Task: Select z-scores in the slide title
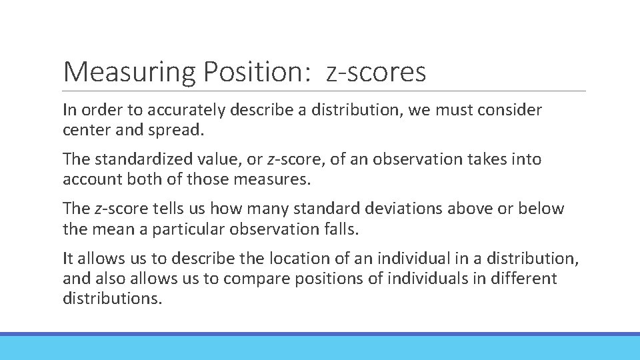376,72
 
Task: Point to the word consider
511,109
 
